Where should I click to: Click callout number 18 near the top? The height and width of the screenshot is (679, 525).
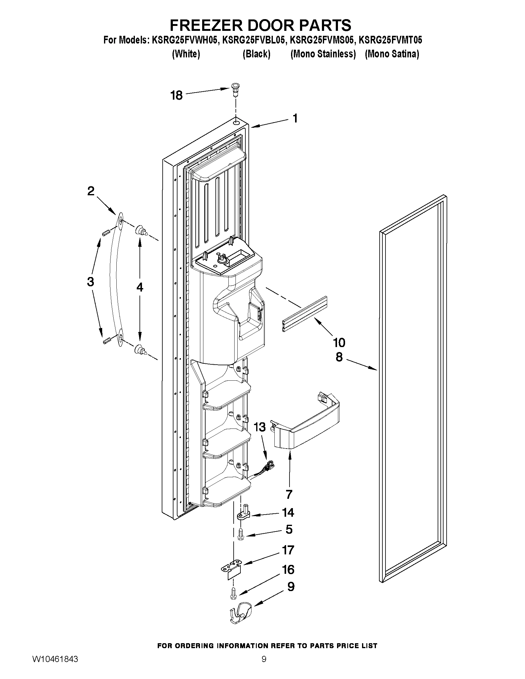[x=176, y=95]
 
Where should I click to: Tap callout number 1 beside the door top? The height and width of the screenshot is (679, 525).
[x=295, y=118]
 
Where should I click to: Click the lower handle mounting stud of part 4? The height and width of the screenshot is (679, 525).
[x=140, y=350]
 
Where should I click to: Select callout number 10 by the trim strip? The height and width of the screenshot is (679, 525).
[x=339, y=343]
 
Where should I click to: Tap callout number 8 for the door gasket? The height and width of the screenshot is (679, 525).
[x=339, y=357]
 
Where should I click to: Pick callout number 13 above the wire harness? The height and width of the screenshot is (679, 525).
[x=260, y=427]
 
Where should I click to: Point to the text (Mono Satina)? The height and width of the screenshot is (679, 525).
[x=392, y=54]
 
